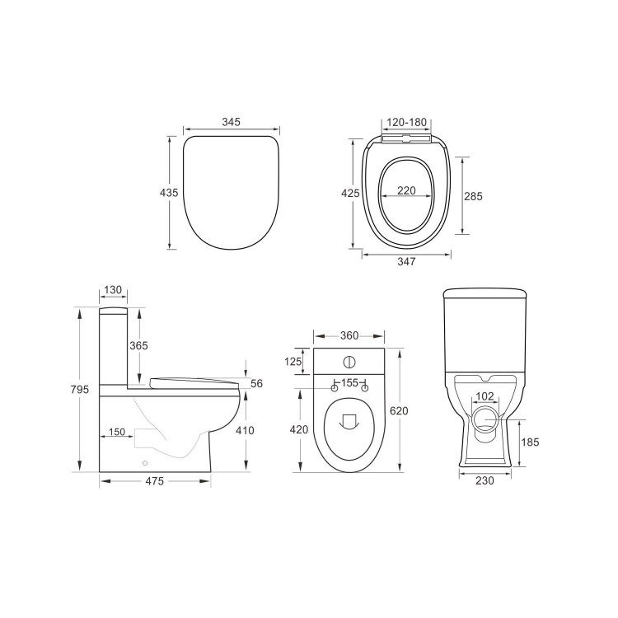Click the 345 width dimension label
[x=231, y=122]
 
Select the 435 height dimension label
[x=168, y=192]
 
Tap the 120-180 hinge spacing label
[x=406, y=122]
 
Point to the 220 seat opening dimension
[x=406, y=190]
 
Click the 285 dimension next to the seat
[x=473, y=196]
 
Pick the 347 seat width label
[x=405, y=262]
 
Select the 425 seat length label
[x=351, y=193]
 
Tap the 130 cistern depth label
[x=113, y=290]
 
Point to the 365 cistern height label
[x=138, y=346]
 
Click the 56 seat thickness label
[x=255, y=384]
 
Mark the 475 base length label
[x=154, y=481]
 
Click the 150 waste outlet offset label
[x=116, y=432]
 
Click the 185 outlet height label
[x=530, y=442]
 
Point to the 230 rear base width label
[x=485, y=481]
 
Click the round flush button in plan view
[x=349, y=361]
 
